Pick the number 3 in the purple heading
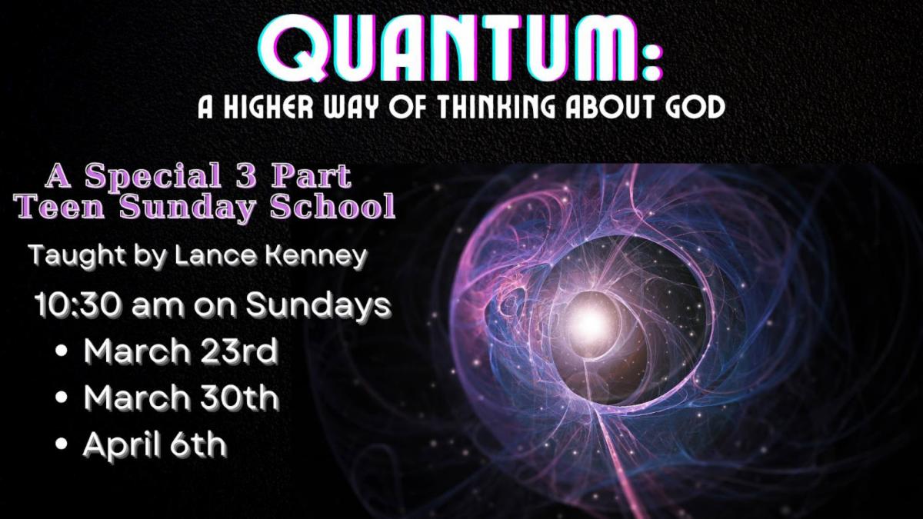(247, 176)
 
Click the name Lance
(215, 256)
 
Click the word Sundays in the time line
(318, 307)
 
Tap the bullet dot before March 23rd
(61, 351)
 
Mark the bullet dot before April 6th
(61, 444)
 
